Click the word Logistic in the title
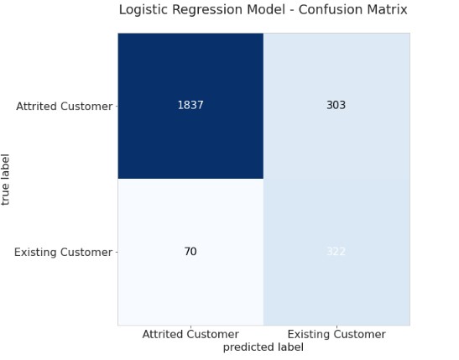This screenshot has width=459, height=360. (143, 10)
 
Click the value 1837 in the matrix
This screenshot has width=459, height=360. (190, 106)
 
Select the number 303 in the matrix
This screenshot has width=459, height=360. (336, 106)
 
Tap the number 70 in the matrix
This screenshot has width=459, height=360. (190, 252)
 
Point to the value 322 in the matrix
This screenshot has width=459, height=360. (336, 252)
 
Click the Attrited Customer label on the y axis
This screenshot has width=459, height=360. (64, 107)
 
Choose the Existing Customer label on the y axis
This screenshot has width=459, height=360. (63, 253)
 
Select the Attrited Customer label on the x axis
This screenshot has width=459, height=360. (190, 334)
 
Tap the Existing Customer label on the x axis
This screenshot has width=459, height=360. (336, 334)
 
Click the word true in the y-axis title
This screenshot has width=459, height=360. (7, 194)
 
